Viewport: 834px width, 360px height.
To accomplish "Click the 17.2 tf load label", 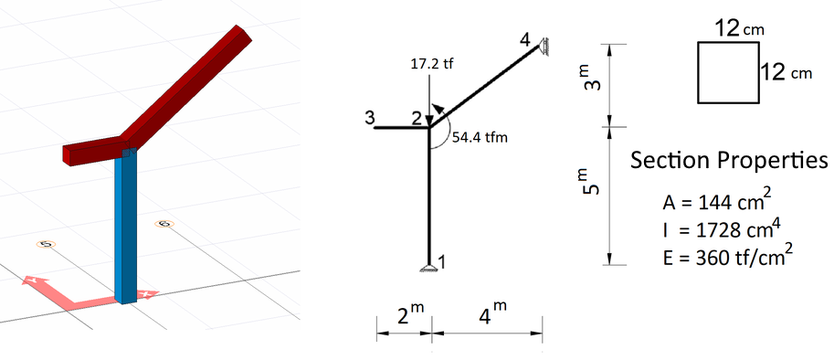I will click(431, 65).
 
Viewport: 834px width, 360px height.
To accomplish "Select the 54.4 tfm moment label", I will click(480, 137).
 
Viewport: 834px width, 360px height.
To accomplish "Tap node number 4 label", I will click(523, 39).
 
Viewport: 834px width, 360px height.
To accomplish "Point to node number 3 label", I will click(369, 117).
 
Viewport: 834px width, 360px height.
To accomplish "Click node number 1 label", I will click(442, 262).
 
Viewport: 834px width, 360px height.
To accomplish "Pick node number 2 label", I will click(417, 118).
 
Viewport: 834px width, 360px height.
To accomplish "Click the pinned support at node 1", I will click(428, 266).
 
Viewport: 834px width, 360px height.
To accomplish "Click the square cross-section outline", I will click(728, 72).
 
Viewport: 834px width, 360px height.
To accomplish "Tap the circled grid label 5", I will click(45, 244).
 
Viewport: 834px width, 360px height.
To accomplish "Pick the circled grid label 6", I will click(164, 224).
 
